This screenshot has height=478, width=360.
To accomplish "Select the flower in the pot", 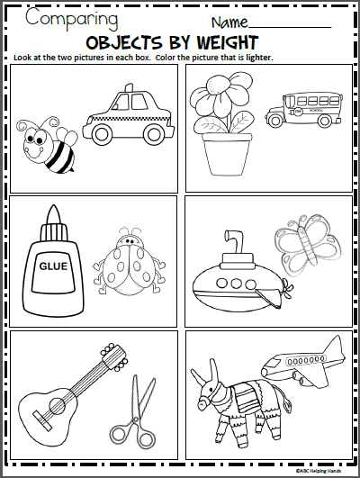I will tap(212, 126).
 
